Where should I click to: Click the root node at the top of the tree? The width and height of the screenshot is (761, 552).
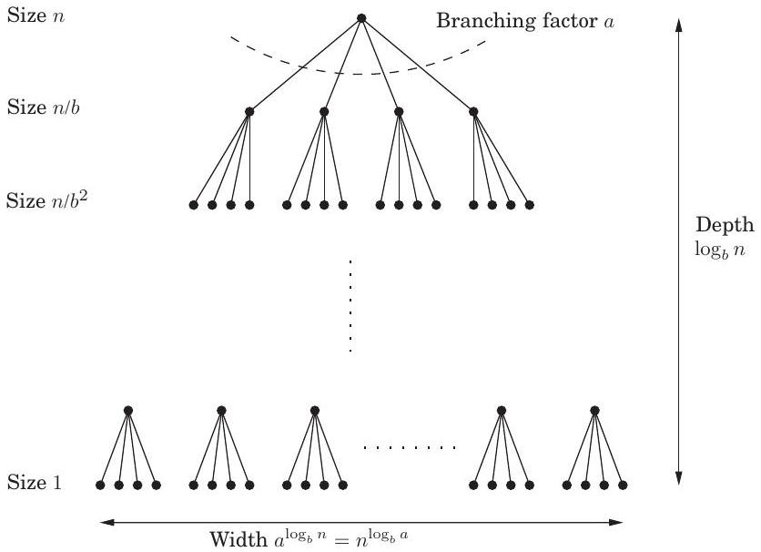tap(361, 18)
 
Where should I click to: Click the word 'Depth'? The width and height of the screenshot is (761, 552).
tap(725, 225)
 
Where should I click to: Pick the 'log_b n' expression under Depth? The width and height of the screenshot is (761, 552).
tap(725, 247)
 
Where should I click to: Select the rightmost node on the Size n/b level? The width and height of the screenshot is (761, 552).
tap(472, 112)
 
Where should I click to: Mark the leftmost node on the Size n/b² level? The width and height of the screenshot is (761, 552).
tap(193, 205)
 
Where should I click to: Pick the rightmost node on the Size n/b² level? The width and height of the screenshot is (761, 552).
tap(529, 205)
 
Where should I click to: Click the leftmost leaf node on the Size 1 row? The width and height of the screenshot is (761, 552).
tap(100, 485)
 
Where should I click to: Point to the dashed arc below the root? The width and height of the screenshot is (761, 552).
tap(355, 73)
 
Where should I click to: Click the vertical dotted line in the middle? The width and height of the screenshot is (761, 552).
tap(350, 305)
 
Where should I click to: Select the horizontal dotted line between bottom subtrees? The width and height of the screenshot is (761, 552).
tap(410, 447)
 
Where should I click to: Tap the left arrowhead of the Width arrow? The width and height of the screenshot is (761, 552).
tap(103, 522)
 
